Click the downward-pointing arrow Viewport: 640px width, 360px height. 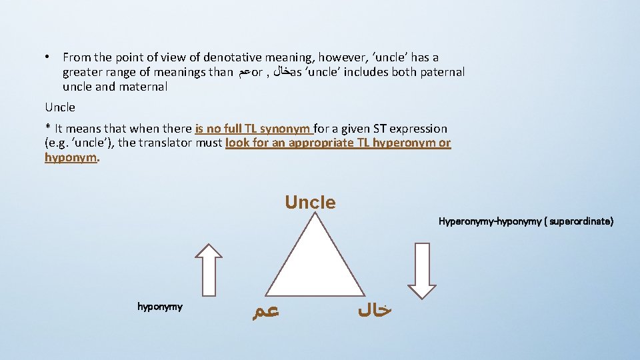click(421, 270)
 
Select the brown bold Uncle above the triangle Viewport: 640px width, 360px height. click(310, 202)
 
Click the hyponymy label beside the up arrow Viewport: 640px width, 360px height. click(160, 307)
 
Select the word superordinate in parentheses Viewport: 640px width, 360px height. click(581, 221)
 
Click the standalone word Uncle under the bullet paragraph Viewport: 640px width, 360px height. click(60, 107)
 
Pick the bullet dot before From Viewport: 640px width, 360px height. click(51, 58)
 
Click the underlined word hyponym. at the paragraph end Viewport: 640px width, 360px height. click(72, 158)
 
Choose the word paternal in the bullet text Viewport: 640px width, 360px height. click(442, 72)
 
